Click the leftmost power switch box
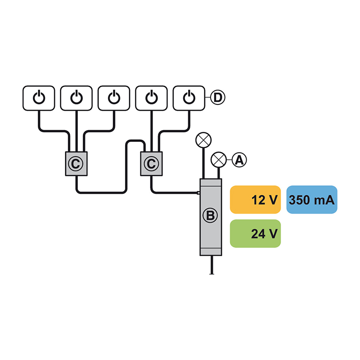pyautogui.click(x=39, y=98)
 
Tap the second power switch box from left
pyautogui.click(x=76, y=98)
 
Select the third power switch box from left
pyautogui.click(x=114, y=98)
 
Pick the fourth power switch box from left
pyautogui.click(x=152, y=98)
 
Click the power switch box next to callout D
pyautogui.click(x=189, y=98)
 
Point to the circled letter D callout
pyautogui.click(x=218, y=98)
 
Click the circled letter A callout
pyautogui.click(x=239, y=160)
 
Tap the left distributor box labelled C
pyautogui.click(x=76, y=164)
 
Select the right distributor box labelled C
pyautogui.click(x=152, y=164)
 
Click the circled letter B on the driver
pyautogui.click(x=210, y=216)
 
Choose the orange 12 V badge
pyautogui.click(x=255, y=200)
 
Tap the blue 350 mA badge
pyautogui.click(x=312, y=200)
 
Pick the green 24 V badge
pyautogui.click(x=255, y=234)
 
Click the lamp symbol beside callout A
pyautogui.click(x=219, y=160)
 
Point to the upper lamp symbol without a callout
pyautogui.click(x=203, y=140)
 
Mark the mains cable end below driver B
pyautogui.click(x=211, y=274)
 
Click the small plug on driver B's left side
pyautogui.click(x=198, y=193)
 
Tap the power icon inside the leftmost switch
pyautogui.click(x=39, y=97)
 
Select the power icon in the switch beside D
pyautogui.click(x=189, y=97)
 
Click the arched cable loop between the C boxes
pyautogui.click(x=135, y=140)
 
